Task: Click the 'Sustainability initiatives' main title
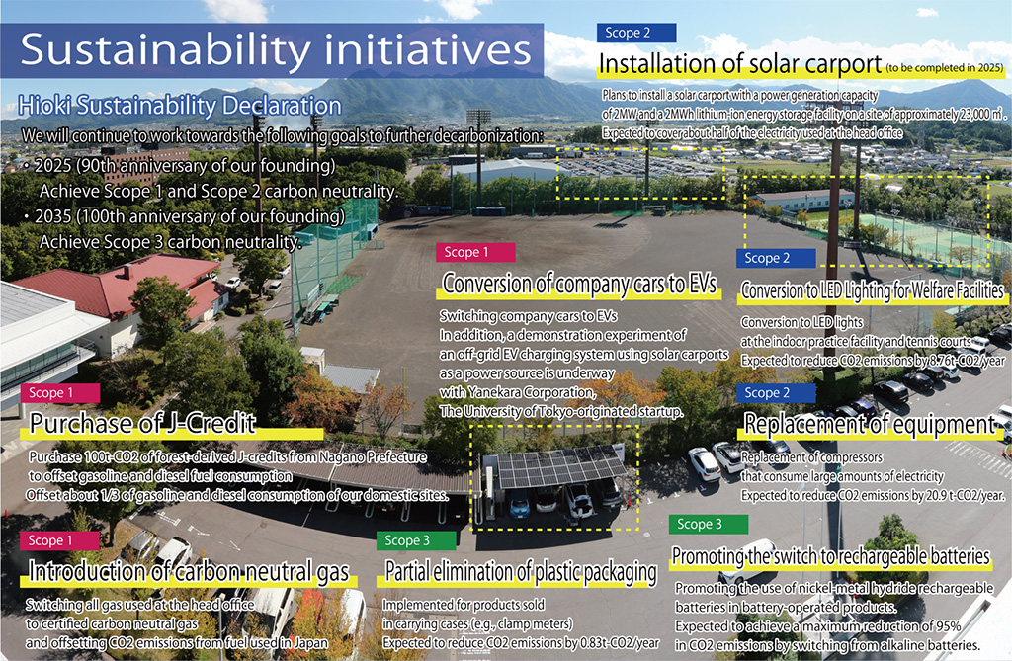(x=276, y=49)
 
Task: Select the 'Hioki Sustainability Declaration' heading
(x=180, y=105)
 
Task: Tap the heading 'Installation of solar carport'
(x=739, y=64)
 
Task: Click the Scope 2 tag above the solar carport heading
(x=636, y=33)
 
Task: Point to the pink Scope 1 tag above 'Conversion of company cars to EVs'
(x=475, y=252)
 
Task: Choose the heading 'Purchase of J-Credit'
(x=142, y=424)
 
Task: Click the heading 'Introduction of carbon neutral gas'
(x=189, y=572)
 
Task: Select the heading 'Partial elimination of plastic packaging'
(x=520, y=572)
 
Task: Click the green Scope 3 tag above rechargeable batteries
(x=709, y=524)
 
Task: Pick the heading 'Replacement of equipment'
(x=870, y=424)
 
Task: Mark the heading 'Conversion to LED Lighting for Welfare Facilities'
(x=873, y=290)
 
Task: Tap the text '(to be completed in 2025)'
(x=945, y=68)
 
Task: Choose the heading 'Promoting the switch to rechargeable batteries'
(x=830, y=556)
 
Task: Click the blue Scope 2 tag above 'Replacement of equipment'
(x=776, y=393)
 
